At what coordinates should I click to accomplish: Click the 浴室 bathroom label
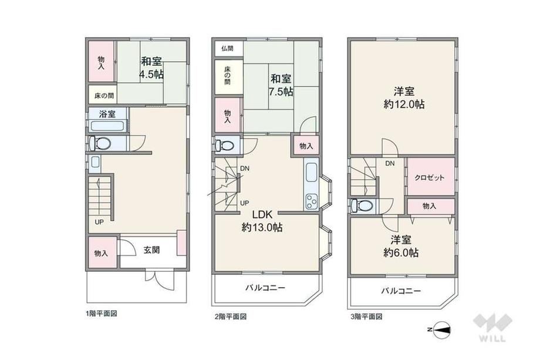[107, 114]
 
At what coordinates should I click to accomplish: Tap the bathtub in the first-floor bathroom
[107, 126]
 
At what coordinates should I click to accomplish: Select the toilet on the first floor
[100, 143]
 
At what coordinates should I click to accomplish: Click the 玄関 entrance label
[151, 250]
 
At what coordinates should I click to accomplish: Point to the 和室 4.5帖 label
[151, 68]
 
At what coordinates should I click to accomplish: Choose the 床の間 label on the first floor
[104, 95]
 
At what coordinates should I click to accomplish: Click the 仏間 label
[227, 48]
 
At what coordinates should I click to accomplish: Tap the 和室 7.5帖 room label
[281, 85]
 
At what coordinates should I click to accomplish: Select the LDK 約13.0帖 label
[262, 221]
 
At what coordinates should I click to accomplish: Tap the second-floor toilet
[225, 145]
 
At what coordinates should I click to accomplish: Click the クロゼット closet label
[429, 178]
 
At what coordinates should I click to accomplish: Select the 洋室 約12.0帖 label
[404, 98]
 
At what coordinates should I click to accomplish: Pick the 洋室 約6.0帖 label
[401, 246]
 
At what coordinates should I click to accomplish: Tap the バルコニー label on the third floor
[401, 291]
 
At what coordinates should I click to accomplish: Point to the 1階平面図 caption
[101, 314]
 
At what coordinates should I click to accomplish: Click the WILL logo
[493, 328]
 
